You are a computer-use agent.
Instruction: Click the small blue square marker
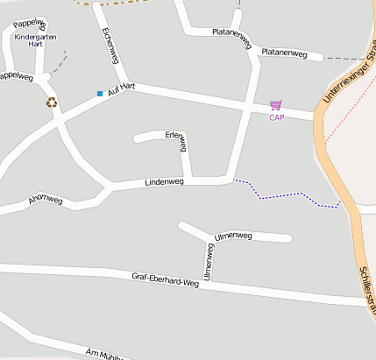[x=100, y=93]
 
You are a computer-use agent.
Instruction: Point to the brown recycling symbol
[x=52, y=102]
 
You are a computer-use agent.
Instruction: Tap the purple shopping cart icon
[x=276, y=105]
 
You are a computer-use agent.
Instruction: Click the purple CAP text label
[x=276, y=117]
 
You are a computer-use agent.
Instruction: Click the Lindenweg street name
[x=164, y=182]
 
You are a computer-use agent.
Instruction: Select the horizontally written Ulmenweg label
[x=233, y=236]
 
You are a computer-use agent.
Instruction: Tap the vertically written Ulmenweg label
[x=209, y=262]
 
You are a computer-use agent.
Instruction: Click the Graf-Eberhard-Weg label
[x=166, y=279]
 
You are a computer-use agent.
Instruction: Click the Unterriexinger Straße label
[x=347, y=70]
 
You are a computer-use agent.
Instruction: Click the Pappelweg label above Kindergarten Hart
[x=30, y=23]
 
